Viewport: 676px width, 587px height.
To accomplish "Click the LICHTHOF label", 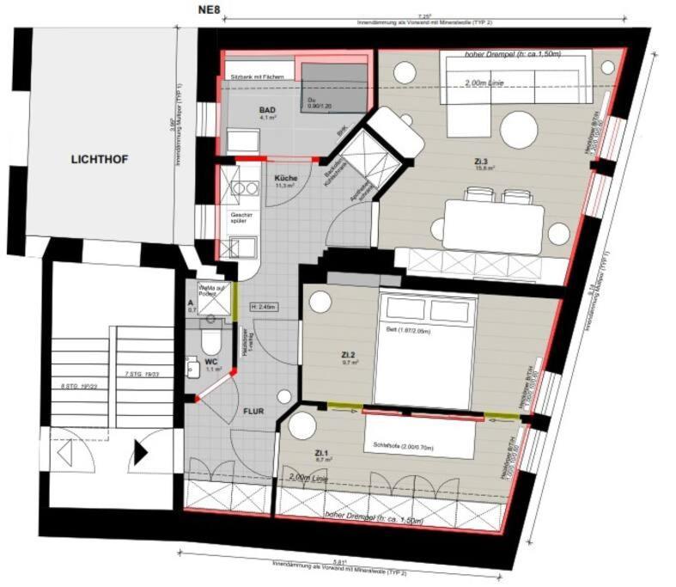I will point(100,159).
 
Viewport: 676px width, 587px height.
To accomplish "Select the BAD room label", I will point(269,112).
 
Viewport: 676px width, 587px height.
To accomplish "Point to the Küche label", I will point(286,178).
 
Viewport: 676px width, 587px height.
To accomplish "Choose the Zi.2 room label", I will point(349,354).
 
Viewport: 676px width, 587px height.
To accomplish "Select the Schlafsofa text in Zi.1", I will point(404,445).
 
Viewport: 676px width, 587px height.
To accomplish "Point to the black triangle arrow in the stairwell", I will point(141,451).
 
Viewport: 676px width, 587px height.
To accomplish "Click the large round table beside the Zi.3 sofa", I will point(519,130).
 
